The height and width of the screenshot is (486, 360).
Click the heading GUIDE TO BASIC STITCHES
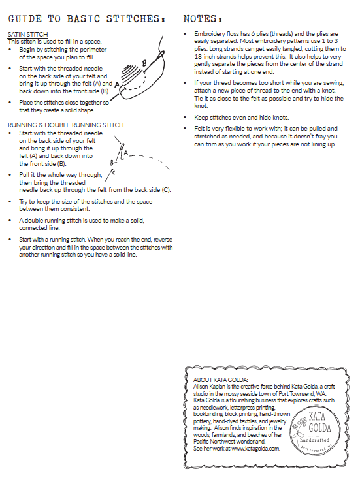(x=86, y=19)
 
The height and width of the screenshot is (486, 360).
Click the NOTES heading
(x=203, y=19)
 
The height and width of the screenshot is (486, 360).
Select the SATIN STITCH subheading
(x=28, y=35)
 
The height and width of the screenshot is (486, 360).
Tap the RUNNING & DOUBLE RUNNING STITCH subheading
(x=66, y=125)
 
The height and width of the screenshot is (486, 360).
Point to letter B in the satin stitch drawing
(x=144, y=63)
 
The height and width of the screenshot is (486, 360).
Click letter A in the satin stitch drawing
(x=116, y=85)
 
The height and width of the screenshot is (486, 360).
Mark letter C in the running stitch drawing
(x=114, y=172)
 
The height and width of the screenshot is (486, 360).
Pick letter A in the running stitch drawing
(x=126, y=152)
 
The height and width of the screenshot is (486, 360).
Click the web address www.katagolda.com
(x=255, y=449)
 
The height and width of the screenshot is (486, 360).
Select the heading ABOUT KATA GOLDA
(x=220, y=380)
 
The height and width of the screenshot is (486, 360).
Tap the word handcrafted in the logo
(x=314, y=440)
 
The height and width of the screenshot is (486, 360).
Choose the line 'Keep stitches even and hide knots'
(x=242, y=118)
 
